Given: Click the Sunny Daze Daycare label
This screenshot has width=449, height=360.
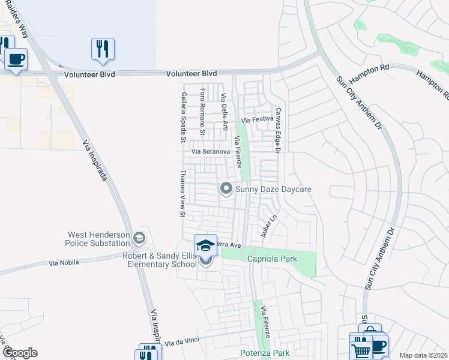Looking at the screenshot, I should pyautogui.click(x=273, y=189).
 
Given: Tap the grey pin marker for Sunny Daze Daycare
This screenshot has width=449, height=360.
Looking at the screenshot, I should pyautogui.click(x=226, y=189).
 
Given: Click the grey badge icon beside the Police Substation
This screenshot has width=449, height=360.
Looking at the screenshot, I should pyautogui.click(x=139, y=238).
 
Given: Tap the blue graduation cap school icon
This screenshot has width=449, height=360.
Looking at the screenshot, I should pyautogui.click(x=205, y=245).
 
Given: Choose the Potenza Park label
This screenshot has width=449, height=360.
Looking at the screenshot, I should pyautogui.click(x=265, y=353).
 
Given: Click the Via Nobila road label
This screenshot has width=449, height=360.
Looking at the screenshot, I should pyautogui.click(x=64, y=263).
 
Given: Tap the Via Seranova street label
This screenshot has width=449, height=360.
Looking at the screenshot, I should pyautogui.click(x=210, y=152).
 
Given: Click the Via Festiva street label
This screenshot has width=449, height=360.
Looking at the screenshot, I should pyautogui.click(x=258, y=119).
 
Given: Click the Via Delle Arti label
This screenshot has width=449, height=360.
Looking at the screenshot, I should pyautogui.click(x=224, y=112).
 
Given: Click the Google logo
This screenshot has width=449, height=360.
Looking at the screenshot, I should pyautogui.click(x=20, y=353).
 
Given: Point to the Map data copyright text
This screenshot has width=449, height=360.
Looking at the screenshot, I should pyautogui.click(x=424, y=355).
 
